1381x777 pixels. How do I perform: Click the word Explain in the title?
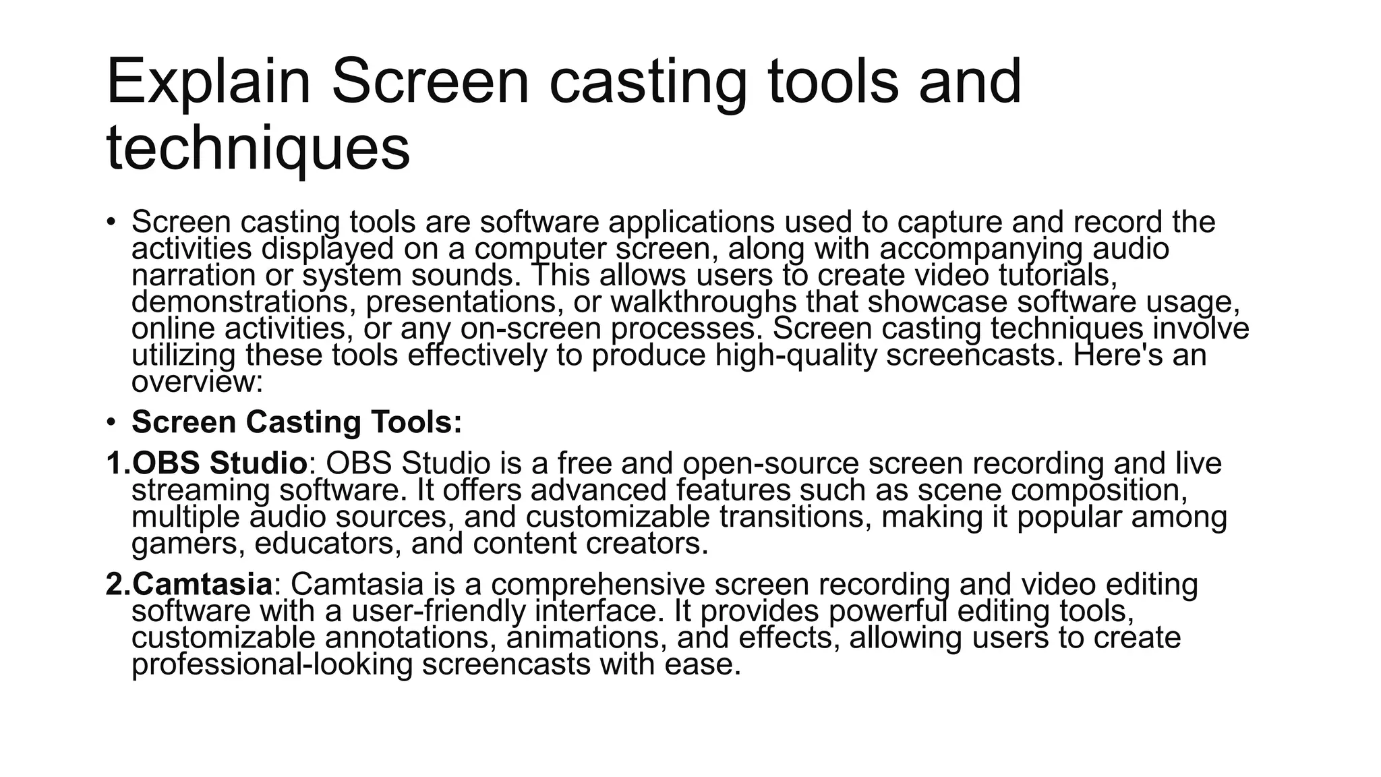coord(208,82)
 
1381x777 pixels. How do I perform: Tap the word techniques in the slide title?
coord(258,148)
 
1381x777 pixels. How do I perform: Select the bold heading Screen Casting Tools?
coord(297,422)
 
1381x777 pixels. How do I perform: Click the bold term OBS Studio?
coord(220,463)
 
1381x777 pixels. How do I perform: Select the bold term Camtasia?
coord(202,584)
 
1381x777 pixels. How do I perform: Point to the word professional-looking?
coord(272,664)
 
